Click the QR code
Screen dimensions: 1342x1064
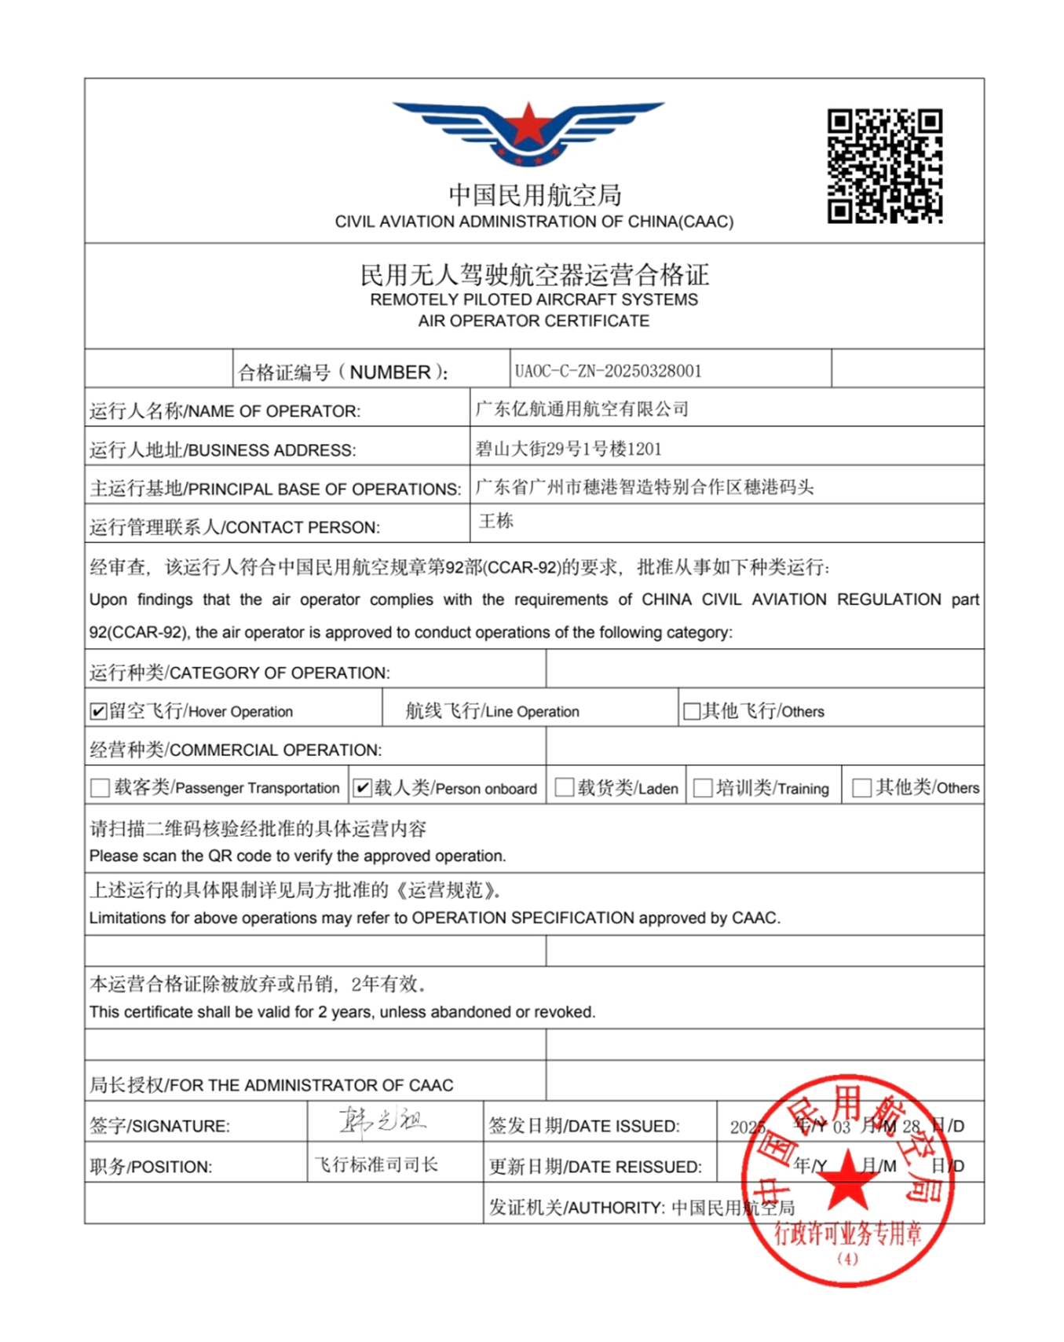click(884, 166)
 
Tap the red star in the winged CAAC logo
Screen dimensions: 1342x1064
click(528, 125)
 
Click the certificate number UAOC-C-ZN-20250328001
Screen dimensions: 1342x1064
click(608, 371)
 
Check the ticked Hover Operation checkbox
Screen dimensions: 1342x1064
click(98, 712)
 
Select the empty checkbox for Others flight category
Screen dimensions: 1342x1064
click(691, 712)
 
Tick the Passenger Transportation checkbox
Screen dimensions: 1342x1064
click(100, 788)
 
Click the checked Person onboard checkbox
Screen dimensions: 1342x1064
click(362, 788)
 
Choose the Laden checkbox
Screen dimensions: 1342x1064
click(564, 788)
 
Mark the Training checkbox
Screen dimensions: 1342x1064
click(703, 788)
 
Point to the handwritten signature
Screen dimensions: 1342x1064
click(382, 1120)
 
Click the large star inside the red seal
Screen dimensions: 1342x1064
click(847, 1179)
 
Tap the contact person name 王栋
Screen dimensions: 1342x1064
click(496, 521)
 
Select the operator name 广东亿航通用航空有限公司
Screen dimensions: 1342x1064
click(582, 409)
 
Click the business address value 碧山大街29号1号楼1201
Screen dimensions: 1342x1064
click(568, 449)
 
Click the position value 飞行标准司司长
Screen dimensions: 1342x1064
click(376, 1164)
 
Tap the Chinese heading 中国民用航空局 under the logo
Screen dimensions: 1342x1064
click(535, 195)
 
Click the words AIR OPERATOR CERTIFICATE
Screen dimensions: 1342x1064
click(533, 321)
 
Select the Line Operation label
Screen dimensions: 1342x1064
click(492, 711)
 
